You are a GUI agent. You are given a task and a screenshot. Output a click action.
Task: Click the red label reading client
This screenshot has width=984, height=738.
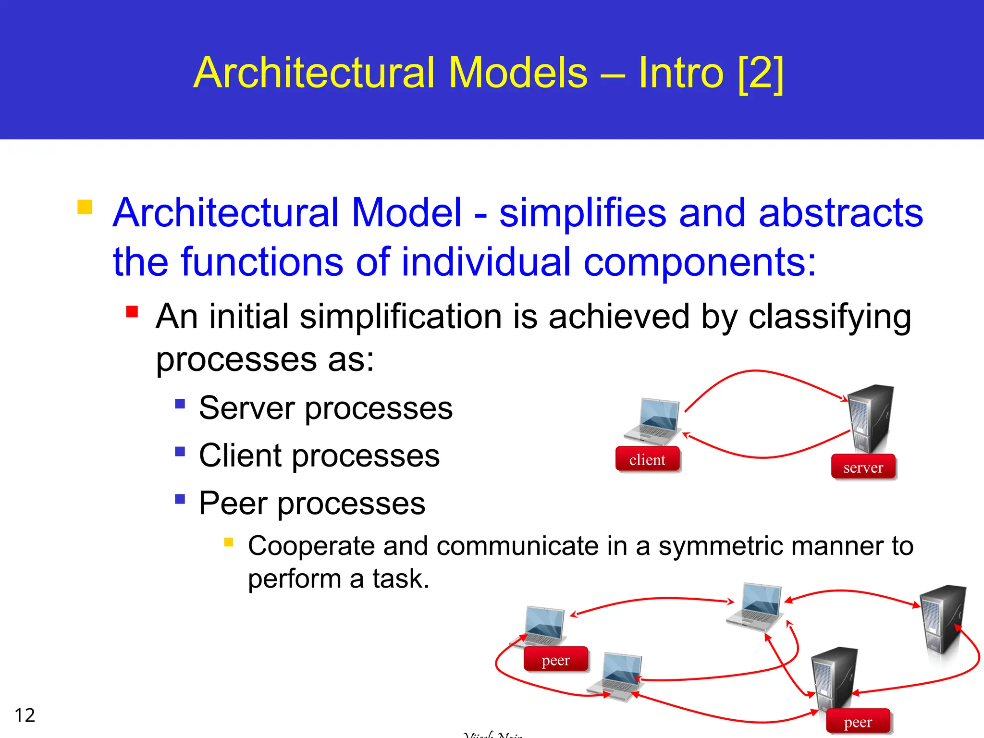647,459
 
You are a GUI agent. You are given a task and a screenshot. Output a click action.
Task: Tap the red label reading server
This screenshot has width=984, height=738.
863,467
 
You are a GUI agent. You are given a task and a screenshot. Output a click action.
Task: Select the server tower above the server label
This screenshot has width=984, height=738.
870,418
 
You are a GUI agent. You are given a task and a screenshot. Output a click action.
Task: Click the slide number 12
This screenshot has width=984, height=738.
25,715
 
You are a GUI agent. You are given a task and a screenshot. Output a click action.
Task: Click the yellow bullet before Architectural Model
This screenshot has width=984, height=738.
85,207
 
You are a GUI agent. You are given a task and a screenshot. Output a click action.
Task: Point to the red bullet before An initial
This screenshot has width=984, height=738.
132,312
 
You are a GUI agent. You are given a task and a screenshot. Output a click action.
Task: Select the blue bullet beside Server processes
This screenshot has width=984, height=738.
180,403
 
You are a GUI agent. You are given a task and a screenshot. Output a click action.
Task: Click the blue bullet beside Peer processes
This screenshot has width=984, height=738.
180,499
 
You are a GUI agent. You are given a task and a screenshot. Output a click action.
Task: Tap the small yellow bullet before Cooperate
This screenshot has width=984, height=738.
229,542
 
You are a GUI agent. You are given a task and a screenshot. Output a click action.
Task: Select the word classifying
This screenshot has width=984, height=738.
829,317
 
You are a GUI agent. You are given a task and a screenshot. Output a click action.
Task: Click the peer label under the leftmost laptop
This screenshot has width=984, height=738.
555,660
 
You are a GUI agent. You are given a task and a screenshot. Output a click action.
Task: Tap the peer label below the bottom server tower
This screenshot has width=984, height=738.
858,722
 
